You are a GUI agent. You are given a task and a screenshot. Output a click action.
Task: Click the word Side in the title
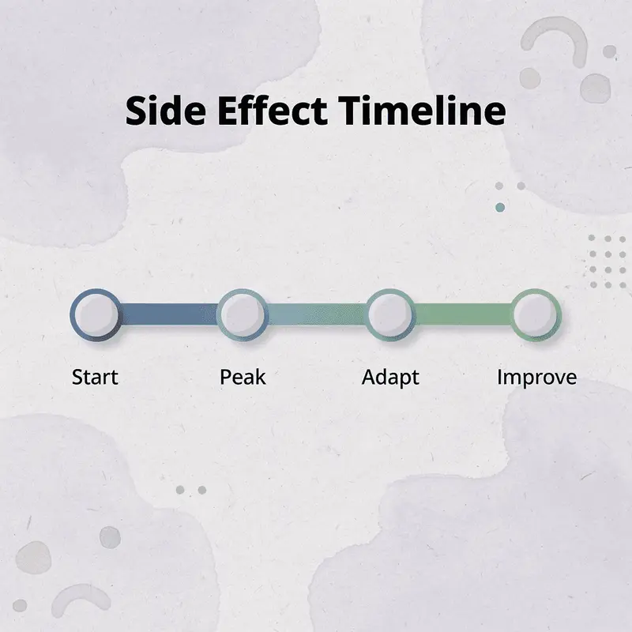pyautogui.click(x=162, y=111)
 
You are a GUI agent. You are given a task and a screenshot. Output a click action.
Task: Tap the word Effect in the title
pyautogui.click(x=267, y=111)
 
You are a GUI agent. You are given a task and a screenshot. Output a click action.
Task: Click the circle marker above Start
pyautogui.click(x=96, y=314)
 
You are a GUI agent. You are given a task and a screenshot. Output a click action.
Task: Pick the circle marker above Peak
pyautogui.click(x=243, y=314)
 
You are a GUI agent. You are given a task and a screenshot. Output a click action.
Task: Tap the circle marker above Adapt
pyautogui.click(x=390, y=314)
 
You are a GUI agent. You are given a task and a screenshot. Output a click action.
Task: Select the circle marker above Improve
pyautogui.click(x=536, y=314)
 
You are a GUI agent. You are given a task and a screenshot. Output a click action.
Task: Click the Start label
pyautogui.click(x=95, y=377)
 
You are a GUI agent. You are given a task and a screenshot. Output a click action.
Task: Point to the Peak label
pyautogui.click(x=243, y=377)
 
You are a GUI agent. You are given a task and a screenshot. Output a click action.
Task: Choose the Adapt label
pyautogui.click(x=390, y=377)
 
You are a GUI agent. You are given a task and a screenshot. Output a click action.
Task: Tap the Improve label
pyautogui.click(x=536, y=378)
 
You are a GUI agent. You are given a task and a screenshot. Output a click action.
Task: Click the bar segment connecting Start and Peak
pyautogui.click(x=169, y=314)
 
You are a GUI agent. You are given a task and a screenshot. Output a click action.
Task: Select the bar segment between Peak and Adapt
pyautogui.click(x=316, y=314)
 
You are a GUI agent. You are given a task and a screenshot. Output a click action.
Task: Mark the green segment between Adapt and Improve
pyautogui.click(x=463, y=314)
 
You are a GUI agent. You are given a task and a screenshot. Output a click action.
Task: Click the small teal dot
pyautogui.click(x=499, y=207)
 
